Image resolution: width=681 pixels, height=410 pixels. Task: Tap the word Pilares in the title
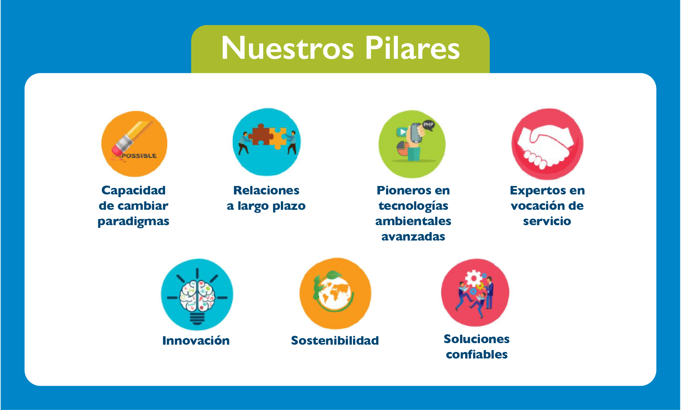point(412,48)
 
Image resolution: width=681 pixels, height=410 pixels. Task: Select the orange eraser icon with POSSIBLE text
point(134,144)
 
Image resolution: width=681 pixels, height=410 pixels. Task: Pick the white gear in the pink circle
point(474,277)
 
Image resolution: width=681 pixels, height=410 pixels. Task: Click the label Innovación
point(196,340)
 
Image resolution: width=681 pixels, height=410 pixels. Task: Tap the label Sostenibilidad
point(335,340)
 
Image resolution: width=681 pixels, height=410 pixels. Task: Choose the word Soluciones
point(477,339)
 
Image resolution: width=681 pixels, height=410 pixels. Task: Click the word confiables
point(477,354)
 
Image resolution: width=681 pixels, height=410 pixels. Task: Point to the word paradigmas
point(134,222)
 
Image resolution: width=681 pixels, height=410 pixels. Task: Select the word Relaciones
point(266,190)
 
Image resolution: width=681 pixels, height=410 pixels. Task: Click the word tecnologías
point(413,206)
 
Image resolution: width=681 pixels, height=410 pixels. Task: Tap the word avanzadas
point(413,237)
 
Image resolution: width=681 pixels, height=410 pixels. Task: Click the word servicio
point(547,221)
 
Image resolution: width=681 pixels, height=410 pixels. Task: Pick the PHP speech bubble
point(428,125)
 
